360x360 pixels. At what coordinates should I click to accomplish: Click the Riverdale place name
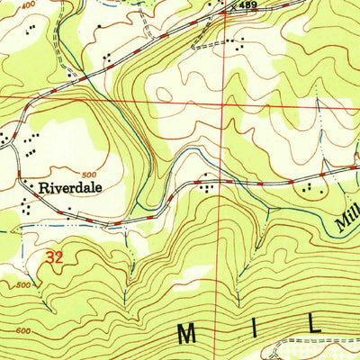[x=67, y=189]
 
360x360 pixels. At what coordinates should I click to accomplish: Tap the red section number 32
[x=54, y=258]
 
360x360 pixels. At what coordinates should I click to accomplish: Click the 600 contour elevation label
[x=27, y=330]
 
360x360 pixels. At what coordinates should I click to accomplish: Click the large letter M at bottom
[x=187, y=334]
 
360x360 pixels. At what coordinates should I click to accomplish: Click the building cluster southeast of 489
[x=236, y=42]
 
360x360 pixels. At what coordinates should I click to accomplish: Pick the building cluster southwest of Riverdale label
[x=27, y=207]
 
